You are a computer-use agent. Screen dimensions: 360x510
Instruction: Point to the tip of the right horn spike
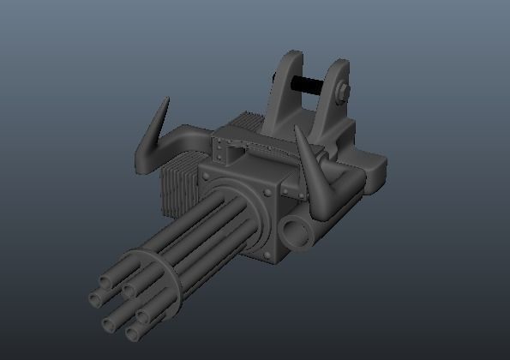(x=297, y=128)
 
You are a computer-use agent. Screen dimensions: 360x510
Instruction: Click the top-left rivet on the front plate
(x=206, y=176)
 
